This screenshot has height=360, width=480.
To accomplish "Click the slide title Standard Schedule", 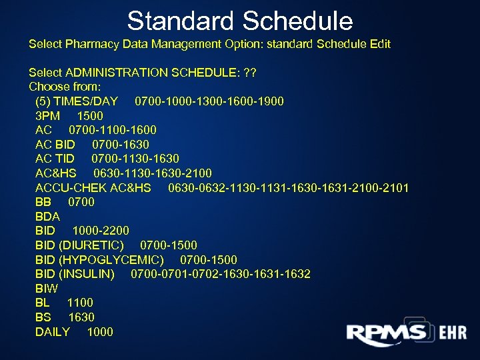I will coord(240,21).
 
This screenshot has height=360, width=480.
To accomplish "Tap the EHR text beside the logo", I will coord(453,333).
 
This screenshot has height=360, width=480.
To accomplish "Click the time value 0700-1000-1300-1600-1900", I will coord(209,101).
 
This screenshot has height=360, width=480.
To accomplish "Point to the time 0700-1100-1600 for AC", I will coord(113,130).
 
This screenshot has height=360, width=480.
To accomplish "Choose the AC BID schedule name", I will coord(55,145).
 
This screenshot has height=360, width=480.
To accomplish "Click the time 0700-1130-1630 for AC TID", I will coord(135,159).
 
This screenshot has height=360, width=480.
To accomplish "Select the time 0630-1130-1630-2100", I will coord(153,173).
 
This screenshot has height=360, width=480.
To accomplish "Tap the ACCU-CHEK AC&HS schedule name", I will coord(93,188).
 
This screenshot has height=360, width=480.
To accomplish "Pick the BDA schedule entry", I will coord(47,217).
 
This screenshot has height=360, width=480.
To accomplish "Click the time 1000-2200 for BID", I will coord(101,231).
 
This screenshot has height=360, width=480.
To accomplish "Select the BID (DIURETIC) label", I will coord(79,245).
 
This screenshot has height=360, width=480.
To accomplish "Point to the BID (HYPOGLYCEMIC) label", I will coord(99,260).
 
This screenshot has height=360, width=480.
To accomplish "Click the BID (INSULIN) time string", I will coord(221,274).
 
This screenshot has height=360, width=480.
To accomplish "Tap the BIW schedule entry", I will coord(47,289).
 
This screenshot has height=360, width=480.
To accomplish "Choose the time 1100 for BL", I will coord(80,303).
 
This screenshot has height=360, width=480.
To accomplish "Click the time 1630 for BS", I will coord(81,317).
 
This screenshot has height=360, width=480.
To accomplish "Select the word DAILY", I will coord(53,332).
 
